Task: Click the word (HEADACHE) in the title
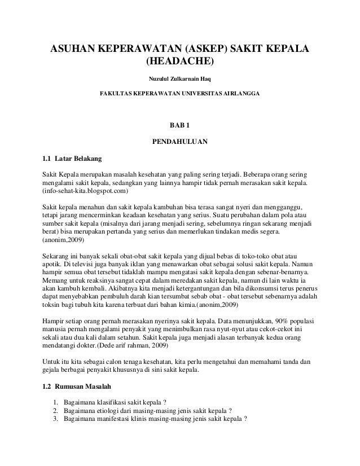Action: pos(180,61)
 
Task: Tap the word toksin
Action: pos(52,301)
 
